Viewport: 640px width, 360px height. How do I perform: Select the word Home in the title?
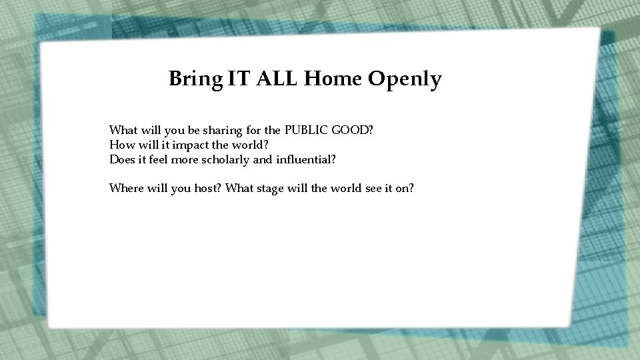click(x=325, y=79)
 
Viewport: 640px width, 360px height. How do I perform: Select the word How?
click(x=121, y=145)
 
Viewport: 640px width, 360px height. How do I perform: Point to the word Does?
click(x=122, y=160)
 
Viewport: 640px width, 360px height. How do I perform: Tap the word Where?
click(x=126, y=188)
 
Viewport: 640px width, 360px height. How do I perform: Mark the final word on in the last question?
click(x=405, y=189)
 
